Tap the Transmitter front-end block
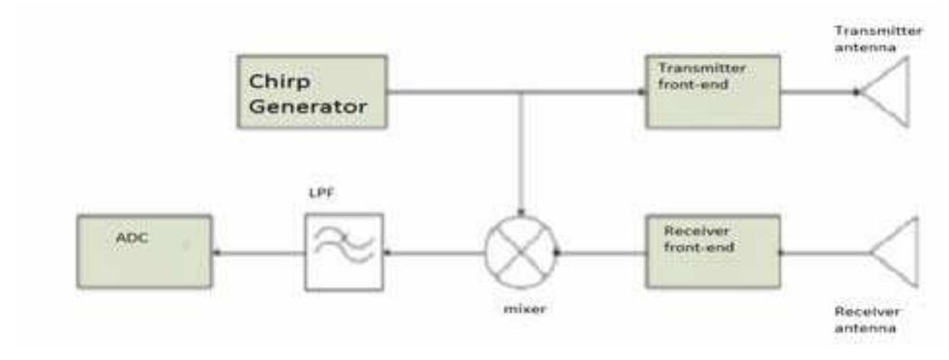(705, 92)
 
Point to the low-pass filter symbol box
(343, 253)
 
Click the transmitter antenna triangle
(890, 92)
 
